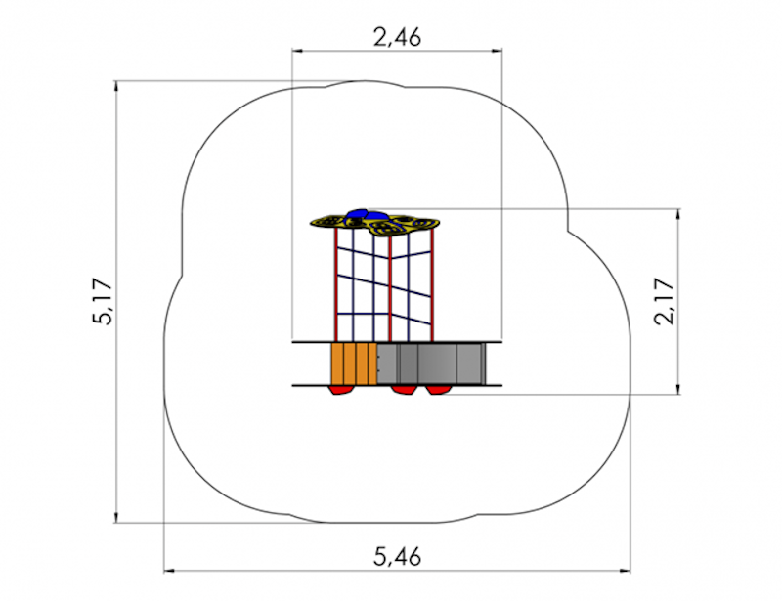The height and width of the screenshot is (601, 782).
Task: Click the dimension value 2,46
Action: point(398,37)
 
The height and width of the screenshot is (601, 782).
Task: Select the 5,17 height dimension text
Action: point(104,301)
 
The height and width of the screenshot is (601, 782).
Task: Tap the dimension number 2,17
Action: point(664,301)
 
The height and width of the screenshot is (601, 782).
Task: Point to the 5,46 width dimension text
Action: point(398,556)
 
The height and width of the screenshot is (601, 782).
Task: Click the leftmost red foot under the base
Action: point(342,390)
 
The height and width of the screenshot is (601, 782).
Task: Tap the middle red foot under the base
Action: point(404,390)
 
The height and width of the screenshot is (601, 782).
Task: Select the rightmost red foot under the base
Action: point(438,390)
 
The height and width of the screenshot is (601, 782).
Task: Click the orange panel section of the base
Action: point(354,364)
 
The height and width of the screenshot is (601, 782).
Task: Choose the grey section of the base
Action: point(431,364)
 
